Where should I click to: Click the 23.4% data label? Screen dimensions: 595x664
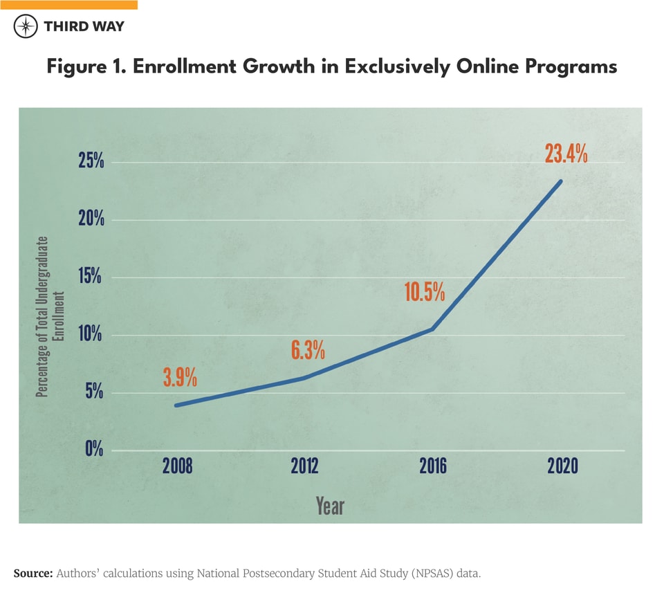click(566, 154)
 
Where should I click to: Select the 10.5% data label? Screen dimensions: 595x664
click(424, 292)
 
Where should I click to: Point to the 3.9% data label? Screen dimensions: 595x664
click(180, 378)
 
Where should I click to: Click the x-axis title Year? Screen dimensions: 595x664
click(330, 506)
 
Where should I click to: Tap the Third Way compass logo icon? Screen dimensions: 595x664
click(26, 27)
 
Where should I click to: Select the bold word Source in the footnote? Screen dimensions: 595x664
click(33, 574)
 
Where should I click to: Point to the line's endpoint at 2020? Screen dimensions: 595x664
click(561, 181)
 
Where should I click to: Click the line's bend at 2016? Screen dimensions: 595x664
click(432, 329)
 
